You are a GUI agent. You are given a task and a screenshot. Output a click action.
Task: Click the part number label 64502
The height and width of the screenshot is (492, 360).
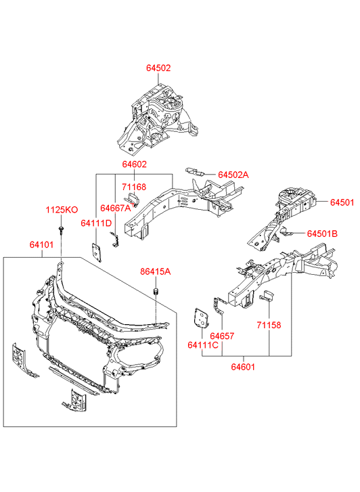coord(158,68)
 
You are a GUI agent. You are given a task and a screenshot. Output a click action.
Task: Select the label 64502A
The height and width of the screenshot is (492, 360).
coord(233,175)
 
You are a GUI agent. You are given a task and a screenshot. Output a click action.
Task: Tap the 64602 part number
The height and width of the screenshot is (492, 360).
coord(135,164)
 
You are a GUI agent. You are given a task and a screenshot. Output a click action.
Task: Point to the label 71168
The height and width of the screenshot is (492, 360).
coord(134,187)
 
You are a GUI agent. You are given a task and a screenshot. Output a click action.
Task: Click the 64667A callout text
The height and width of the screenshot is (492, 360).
coord(116,208)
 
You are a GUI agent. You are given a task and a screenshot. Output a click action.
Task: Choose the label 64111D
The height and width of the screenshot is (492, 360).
coord(96,223)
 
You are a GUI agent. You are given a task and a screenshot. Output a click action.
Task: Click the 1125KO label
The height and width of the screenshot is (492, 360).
coord(62,210)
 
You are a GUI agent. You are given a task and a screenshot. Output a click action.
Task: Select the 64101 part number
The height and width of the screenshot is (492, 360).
coord(41,244)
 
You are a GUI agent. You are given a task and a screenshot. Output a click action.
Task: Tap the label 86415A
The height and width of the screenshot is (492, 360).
coord(156,271)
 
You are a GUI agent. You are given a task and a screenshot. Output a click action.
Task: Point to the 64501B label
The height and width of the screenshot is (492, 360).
coord(322,233)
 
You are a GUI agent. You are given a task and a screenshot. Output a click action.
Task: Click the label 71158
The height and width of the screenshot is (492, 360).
coord(269,325)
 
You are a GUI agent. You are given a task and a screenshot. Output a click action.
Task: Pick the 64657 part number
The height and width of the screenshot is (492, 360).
coord(222,336)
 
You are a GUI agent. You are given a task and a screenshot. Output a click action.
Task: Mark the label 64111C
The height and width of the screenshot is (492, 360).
coord(203,345)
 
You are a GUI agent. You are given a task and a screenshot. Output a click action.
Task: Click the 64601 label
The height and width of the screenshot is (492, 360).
coord(243,367)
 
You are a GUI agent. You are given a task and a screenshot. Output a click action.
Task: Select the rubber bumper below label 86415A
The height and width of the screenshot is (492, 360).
coord(156,291)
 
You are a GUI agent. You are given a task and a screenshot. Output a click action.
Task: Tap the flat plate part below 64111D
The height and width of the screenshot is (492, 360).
coord(97,252)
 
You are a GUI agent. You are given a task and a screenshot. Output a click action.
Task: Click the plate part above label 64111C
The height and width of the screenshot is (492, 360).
coord(201,319)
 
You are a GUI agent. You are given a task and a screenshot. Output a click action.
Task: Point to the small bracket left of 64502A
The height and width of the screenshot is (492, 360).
coord(195,171)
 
